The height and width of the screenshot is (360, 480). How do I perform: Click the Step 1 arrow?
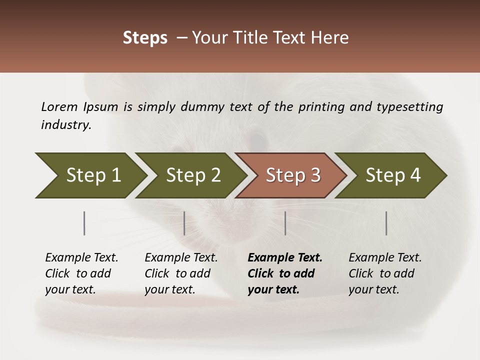[x=93, y=175]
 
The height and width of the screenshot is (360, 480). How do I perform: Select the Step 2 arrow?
[x=193, y=175]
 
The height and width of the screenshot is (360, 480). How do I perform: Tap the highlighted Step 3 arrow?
[x=293, y=175]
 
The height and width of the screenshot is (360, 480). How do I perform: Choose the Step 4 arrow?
[x=393, y=175]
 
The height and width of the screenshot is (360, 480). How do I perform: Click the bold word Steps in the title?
[x=145, y=38]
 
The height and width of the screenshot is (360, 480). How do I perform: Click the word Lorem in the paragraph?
[x=59, y=106]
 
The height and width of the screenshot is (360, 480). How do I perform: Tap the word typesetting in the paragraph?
[x=409, y=106]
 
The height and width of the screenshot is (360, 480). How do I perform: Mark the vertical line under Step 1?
[x=84, y=223]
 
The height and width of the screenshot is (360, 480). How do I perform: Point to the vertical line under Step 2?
[x=184, y=223]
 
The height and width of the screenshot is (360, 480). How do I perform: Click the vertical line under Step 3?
[x=285, y=223]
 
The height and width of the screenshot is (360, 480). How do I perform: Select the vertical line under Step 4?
[x=386, y=223]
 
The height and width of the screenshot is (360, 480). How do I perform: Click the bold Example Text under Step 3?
[x=285, y=257]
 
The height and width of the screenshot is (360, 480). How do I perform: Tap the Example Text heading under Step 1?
[x=81, y=257]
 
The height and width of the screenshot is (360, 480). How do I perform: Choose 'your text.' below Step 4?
[x=373, y=289]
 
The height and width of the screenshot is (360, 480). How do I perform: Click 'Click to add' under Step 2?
[x=177, y=273]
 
